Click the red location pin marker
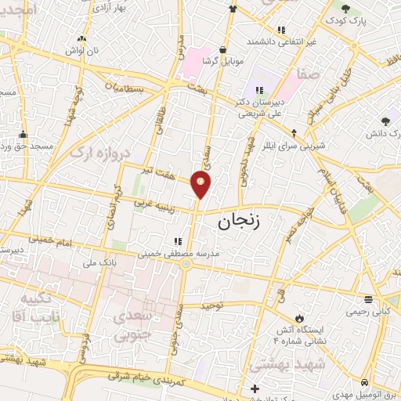tap(201, 185)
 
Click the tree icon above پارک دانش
tap(385, 121)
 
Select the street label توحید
tap(212, 304)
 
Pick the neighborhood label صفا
tap(308, 76)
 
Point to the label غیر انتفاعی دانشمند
tap(284, 41)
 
